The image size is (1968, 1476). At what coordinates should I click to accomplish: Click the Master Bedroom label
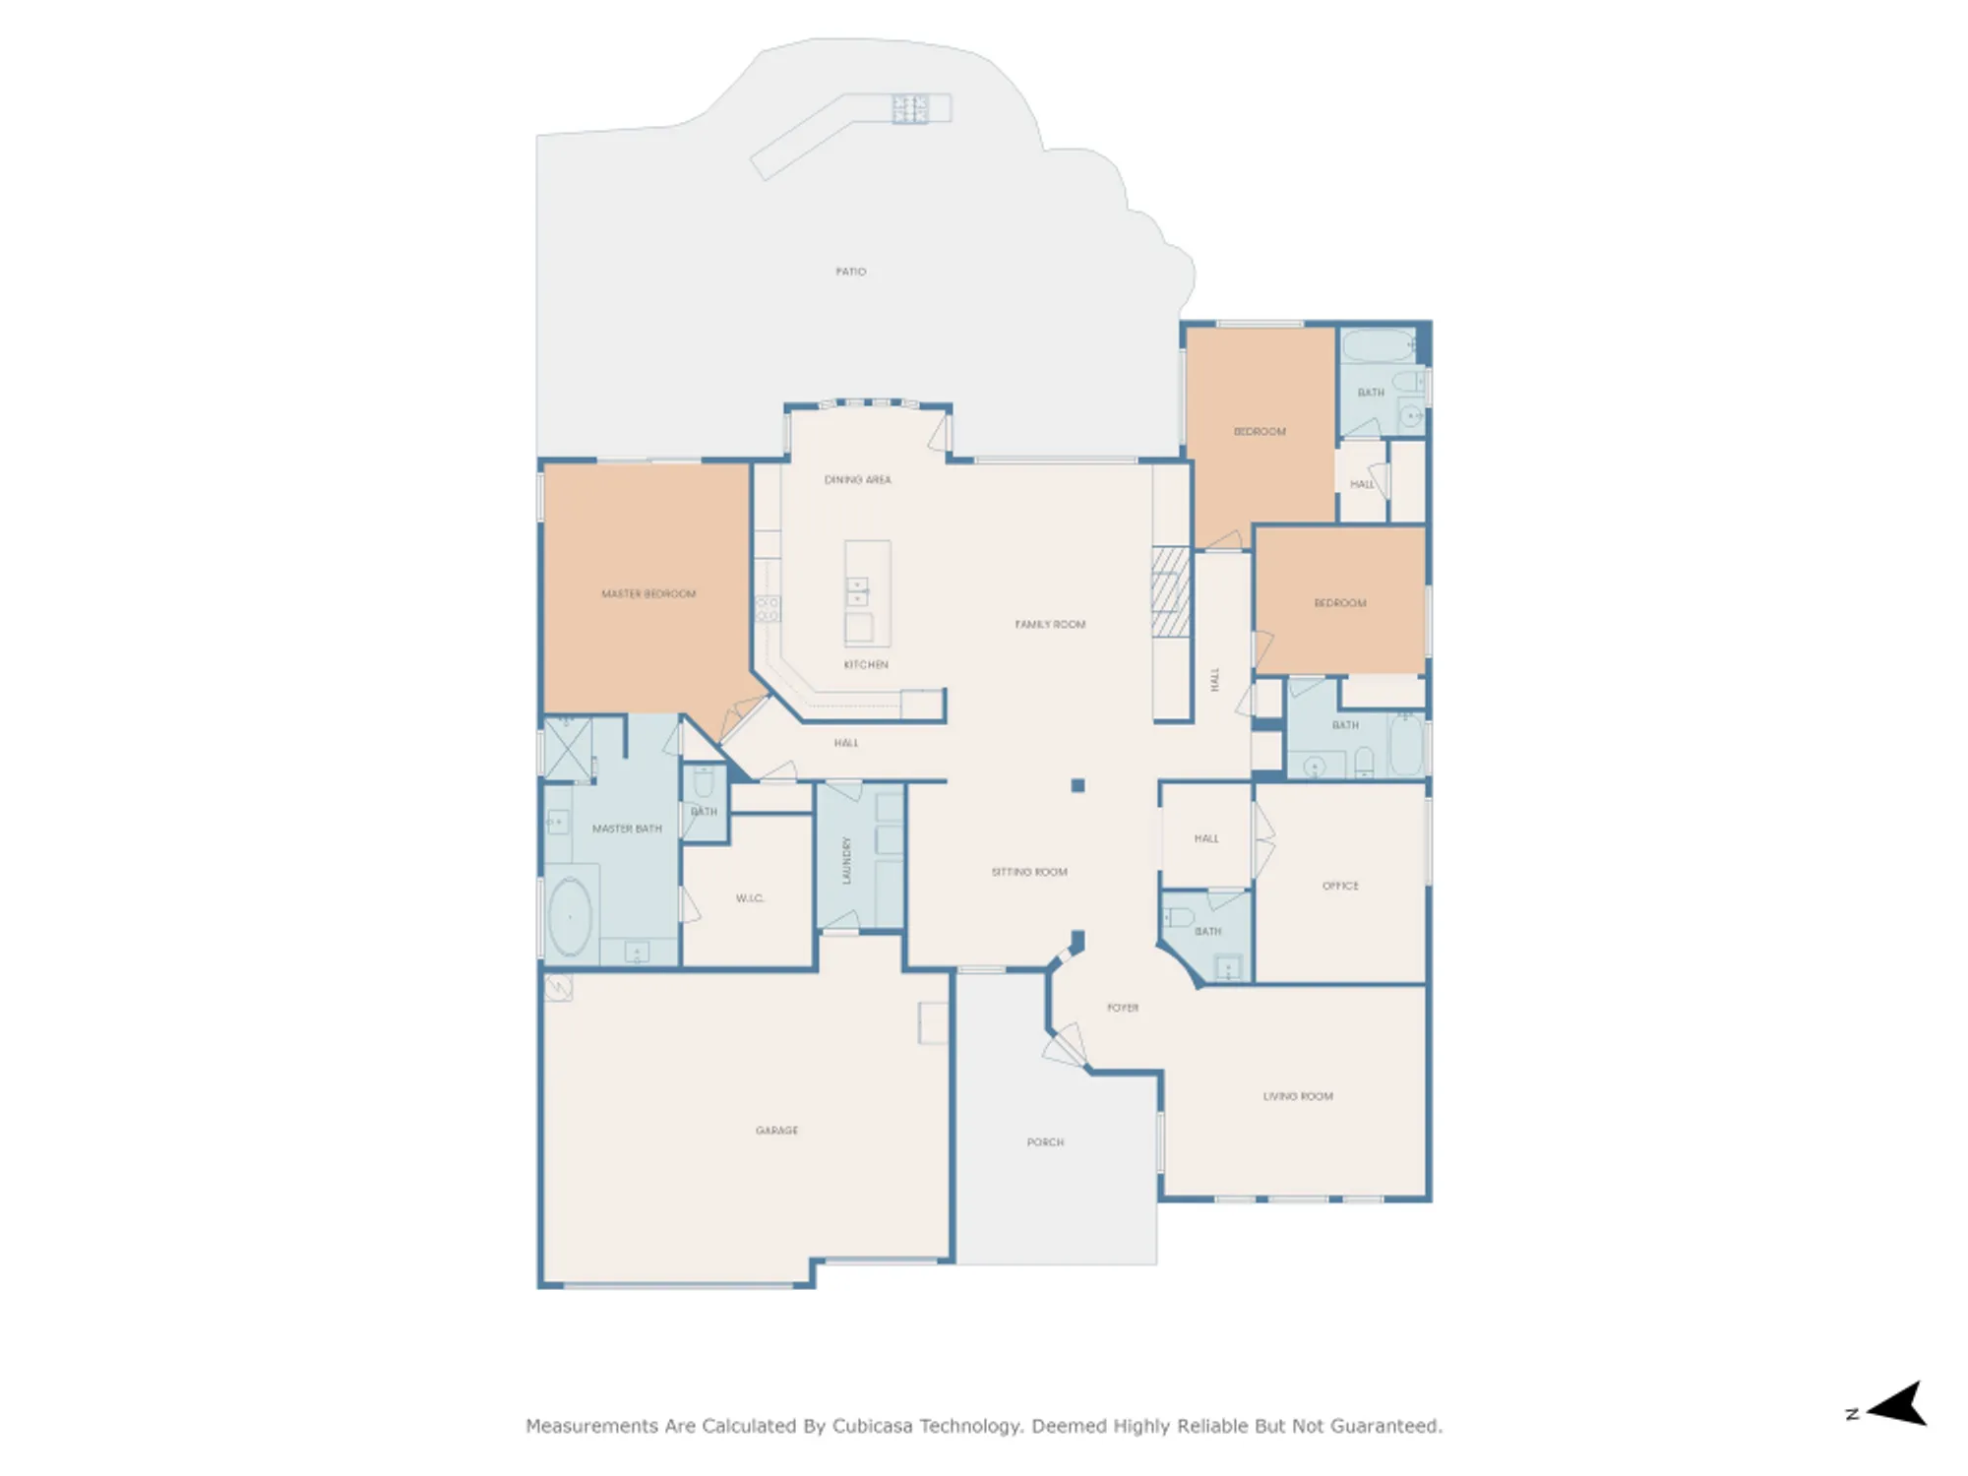pos(648,594)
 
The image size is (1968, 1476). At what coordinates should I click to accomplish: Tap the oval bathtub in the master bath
pos(570,917)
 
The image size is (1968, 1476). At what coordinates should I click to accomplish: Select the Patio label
pos(851,272)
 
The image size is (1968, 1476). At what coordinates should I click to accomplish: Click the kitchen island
pos(867,593)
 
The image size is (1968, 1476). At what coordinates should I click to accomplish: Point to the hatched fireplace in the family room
pos(1171,592)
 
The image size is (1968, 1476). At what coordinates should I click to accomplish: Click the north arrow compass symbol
pos(1897,1404)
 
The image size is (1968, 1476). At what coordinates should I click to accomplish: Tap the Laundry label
pos(846,860)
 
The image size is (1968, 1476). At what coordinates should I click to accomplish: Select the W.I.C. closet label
pos(750,898)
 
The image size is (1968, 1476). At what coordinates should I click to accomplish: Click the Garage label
pos(776,1131)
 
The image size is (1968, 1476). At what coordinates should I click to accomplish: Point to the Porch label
pos(1045,1142)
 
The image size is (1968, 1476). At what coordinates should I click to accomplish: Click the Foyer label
pos(1123,1008)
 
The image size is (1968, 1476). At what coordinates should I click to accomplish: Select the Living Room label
pos(1298,1096)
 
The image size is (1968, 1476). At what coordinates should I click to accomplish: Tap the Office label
pos(1340,886)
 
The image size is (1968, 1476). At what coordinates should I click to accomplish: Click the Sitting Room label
pos(1029,872)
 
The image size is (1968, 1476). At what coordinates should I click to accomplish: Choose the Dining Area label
pos(857,480)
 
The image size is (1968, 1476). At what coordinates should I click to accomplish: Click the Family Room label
pos(1050,625)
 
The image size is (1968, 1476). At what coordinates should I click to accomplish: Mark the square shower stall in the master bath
pos(569,749)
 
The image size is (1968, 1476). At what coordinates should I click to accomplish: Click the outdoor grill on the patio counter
pos(909,108)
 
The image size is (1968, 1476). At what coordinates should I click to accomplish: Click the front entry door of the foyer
pos(1066,1045)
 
